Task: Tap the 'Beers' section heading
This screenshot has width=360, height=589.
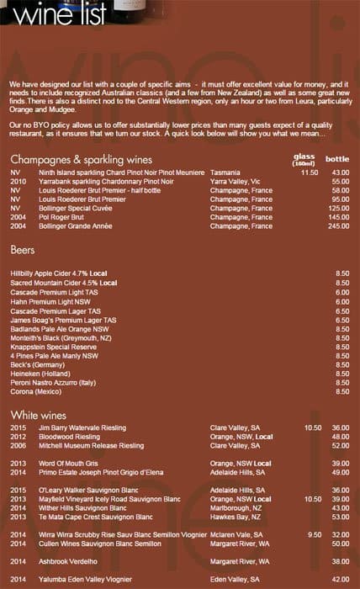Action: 22,250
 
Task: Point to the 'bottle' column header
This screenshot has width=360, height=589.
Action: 337,158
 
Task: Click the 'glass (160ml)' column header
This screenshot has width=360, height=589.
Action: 304,159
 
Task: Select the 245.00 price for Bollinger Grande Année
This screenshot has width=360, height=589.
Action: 339,226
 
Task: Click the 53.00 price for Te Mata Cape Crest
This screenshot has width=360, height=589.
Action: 340,517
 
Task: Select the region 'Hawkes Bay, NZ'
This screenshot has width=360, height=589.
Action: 237,517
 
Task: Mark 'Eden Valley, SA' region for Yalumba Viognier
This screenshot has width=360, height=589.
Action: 236,580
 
